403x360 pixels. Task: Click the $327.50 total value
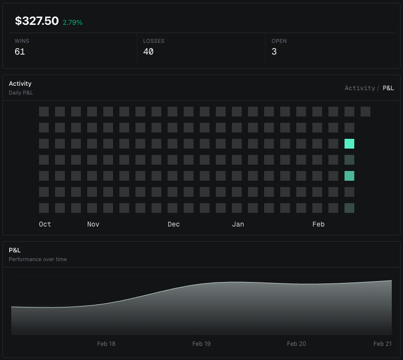[x=37, y=21]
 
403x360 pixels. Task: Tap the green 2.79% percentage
[x=73, y=22]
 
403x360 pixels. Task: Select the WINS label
[x=22, y=41]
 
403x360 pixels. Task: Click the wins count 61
[x=19, y=52]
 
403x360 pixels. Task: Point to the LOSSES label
[x=154, y=41]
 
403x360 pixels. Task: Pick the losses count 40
[x=148, y=52]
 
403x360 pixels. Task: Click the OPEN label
[x=279, y=41]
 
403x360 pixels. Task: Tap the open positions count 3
[x=274, y=52]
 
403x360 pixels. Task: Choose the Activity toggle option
[x=360, y=88]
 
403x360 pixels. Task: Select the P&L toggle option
[x=388, y=88]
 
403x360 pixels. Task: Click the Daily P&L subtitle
[x=21, y=93]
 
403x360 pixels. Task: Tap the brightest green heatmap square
[x=349, y=144]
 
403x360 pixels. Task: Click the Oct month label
[x=45, y=224]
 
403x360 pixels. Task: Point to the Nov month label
[x=93, y=224]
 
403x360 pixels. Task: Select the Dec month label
[x=173, y=224]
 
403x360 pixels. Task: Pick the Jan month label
[x=238, y=224]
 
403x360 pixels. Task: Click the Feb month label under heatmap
[x=318, y=224]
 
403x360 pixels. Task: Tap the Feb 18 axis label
[x=106, y=344]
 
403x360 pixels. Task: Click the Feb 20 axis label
[x=296, y=344]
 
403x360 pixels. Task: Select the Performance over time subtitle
[x=38, y=259]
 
